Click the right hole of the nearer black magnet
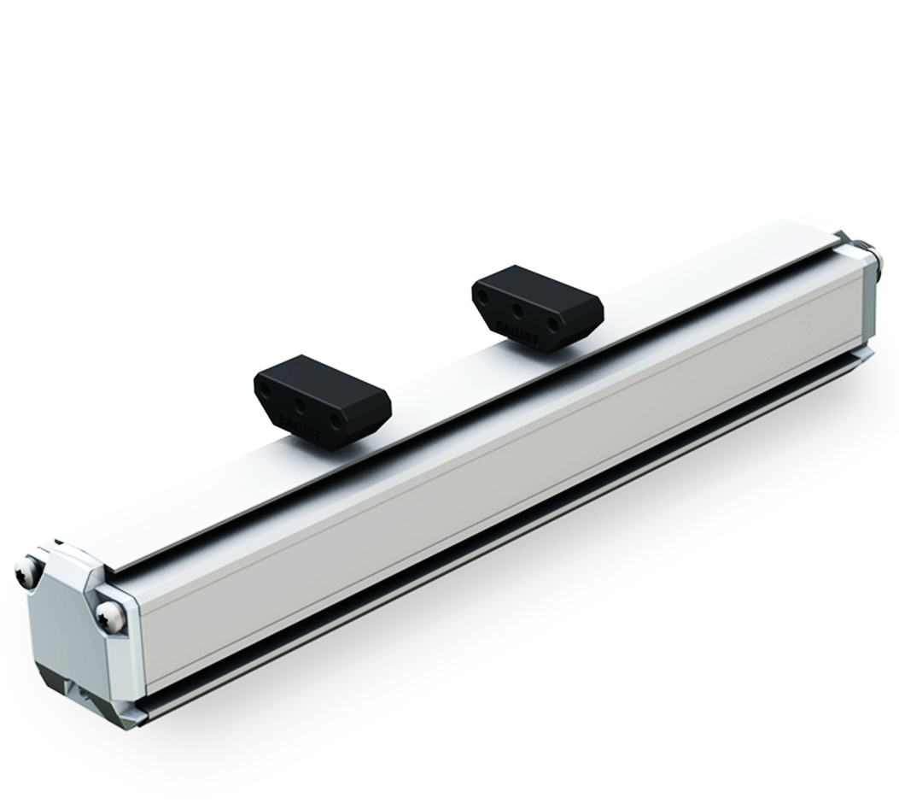tap(339, 421)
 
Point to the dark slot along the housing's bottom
tap(512, 530)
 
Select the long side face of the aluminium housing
tap(512, 444)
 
